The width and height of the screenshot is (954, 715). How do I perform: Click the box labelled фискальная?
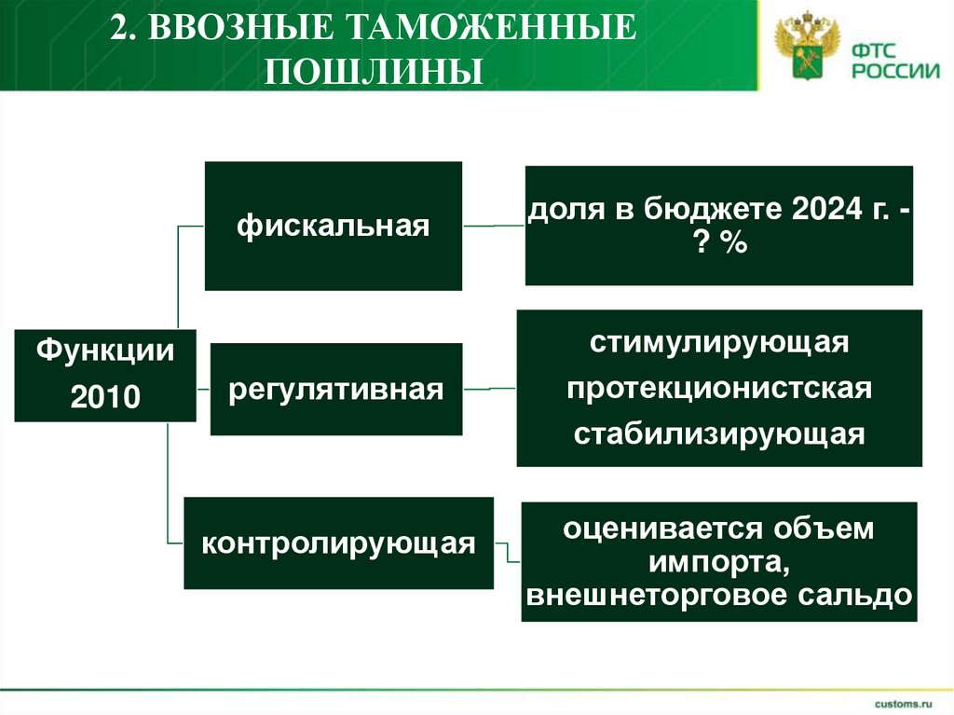click(333, 226)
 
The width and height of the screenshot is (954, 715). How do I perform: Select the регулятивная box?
click(336, 389)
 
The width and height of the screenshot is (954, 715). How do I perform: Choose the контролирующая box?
click(337, 543)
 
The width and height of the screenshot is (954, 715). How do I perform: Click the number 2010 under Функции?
click(105, 398)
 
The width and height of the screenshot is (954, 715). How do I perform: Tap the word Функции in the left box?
click(105, 351)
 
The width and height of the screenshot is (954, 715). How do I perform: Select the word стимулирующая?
click(718, 341)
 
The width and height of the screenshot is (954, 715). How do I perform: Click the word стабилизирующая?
click(718, 434)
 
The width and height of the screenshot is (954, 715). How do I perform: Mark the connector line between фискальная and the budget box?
click(494, 226)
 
